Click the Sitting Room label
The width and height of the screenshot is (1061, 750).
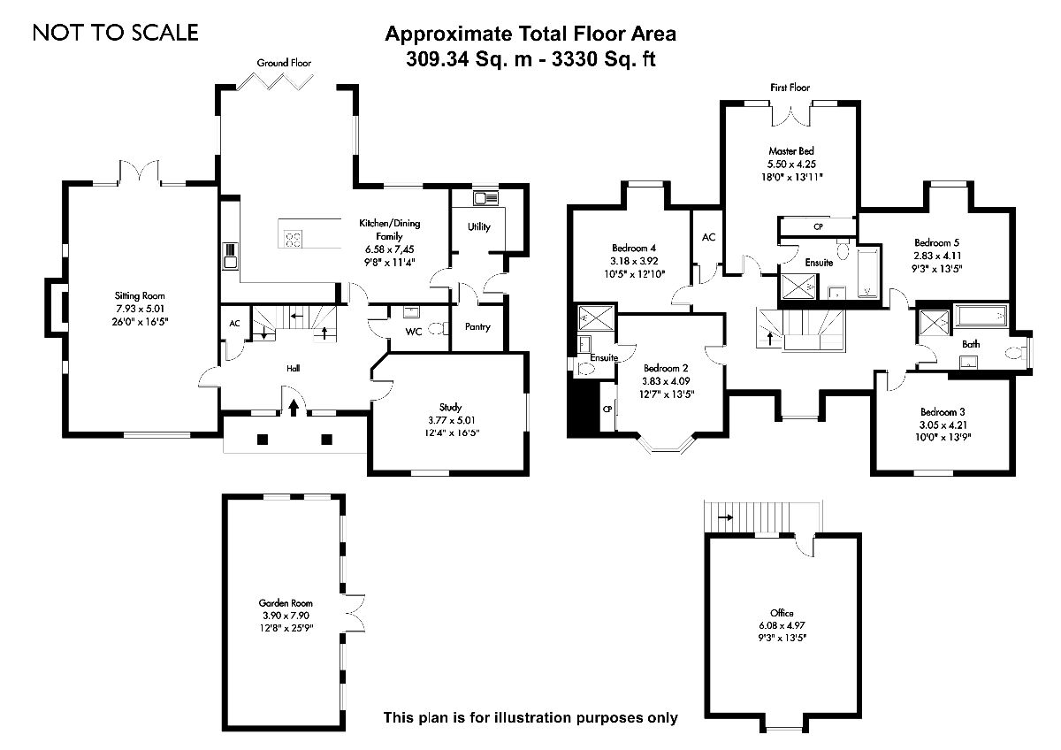coord(140,295)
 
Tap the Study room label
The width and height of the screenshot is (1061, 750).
coord(450,407)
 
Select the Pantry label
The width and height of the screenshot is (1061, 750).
coord(477,326)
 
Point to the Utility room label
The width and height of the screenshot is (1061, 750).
coord(479,227)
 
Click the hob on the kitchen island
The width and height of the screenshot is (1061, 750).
coord(293,238)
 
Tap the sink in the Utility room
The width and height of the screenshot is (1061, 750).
coord(485,197)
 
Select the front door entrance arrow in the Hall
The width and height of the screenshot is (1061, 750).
coord(294,407)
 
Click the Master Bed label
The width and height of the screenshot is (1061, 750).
coord(791,151)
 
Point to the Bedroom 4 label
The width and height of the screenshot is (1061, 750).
coord(634,248)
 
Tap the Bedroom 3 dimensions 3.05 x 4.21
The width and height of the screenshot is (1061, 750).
coord(943,425)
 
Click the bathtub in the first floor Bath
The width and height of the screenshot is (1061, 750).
coord(981,317)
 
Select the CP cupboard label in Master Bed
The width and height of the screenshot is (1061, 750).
coord(818,226)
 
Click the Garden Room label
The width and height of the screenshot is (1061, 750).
coord(286,603)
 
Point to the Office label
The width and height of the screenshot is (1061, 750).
coord(782,613)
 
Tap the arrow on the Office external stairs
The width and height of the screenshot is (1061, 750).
coord(725,517)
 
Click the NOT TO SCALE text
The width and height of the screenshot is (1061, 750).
coord(116,33)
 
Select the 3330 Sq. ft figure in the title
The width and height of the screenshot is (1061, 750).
coord(605,58)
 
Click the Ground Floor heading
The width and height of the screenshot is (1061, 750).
coord(284,63)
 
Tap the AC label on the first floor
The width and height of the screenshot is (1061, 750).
coord(708,237)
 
